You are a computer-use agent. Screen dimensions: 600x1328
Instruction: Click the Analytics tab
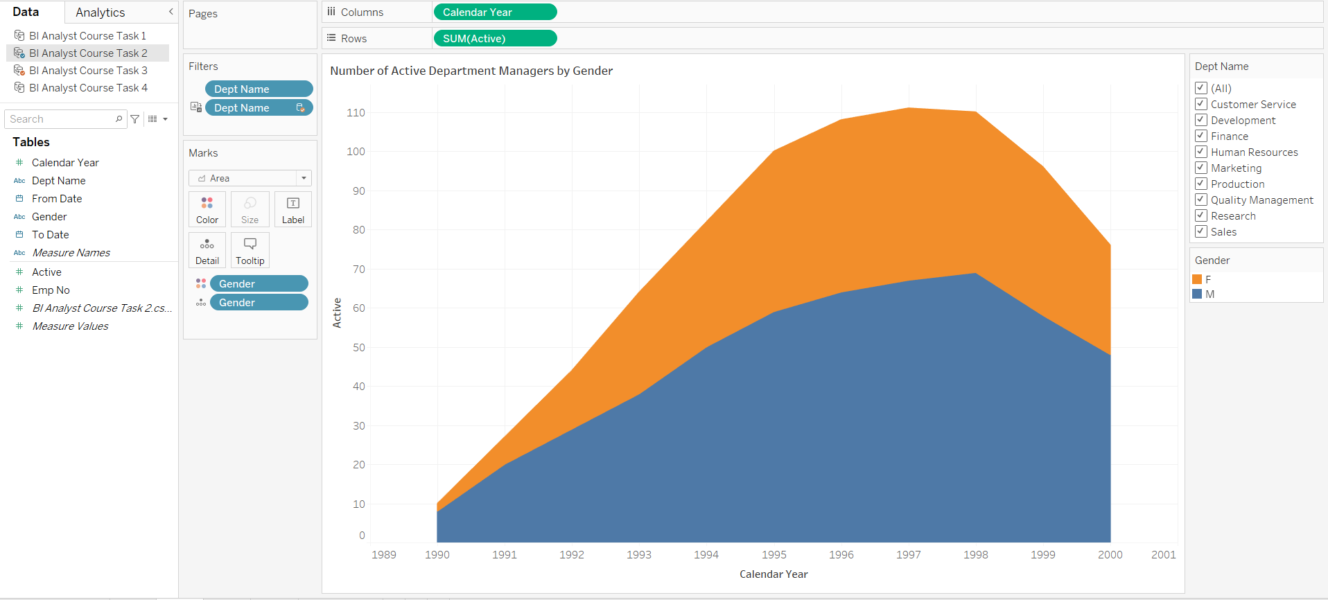click(101, 12)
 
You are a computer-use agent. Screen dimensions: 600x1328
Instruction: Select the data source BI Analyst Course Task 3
click(88, 71)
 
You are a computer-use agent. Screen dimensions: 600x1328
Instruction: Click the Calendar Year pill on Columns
click(494, 12)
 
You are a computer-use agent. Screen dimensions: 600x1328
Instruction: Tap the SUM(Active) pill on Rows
click(494, 39)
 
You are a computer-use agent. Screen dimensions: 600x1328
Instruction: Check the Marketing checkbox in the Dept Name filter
click(1201, 168)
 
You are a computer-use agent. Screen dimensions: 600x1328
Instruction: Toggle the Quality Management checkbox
click(1201, 200)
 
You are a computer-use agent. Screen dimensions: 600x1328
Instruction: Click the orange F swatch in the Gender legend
click(1197, 279)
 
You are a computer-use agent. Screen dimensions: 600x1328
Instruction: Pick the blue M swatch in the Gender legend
click(1197, 294)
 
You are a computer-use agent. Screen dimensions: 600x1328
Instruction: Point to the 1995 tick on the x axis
click(774, 554)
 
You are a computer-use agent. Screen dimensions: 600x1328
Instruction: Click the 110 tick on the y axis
click(356, 112)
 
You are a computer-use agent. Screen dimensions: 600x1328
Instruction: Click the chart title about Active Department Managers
click(471, 71)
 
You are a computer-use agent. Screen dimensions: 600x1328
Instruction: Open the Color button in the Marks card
click(207, 209)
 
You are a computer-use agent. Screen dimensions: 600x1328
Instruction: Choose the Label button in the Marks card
click(292, 209)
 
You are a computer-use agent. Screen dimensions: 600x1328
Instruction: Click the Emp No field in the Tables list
click(51, 290)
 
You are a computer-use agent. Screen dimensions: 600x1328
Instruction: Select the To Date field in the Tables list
click(51, 235)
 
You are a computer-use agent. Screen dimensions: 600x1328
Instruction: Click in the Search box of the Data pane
click(61, 119)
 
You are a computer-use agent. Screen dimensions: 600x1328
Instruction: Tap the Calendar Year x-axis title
click(773, 574)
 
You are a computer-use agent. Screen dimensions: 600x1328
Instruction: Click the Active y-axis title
click(338, 312)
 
